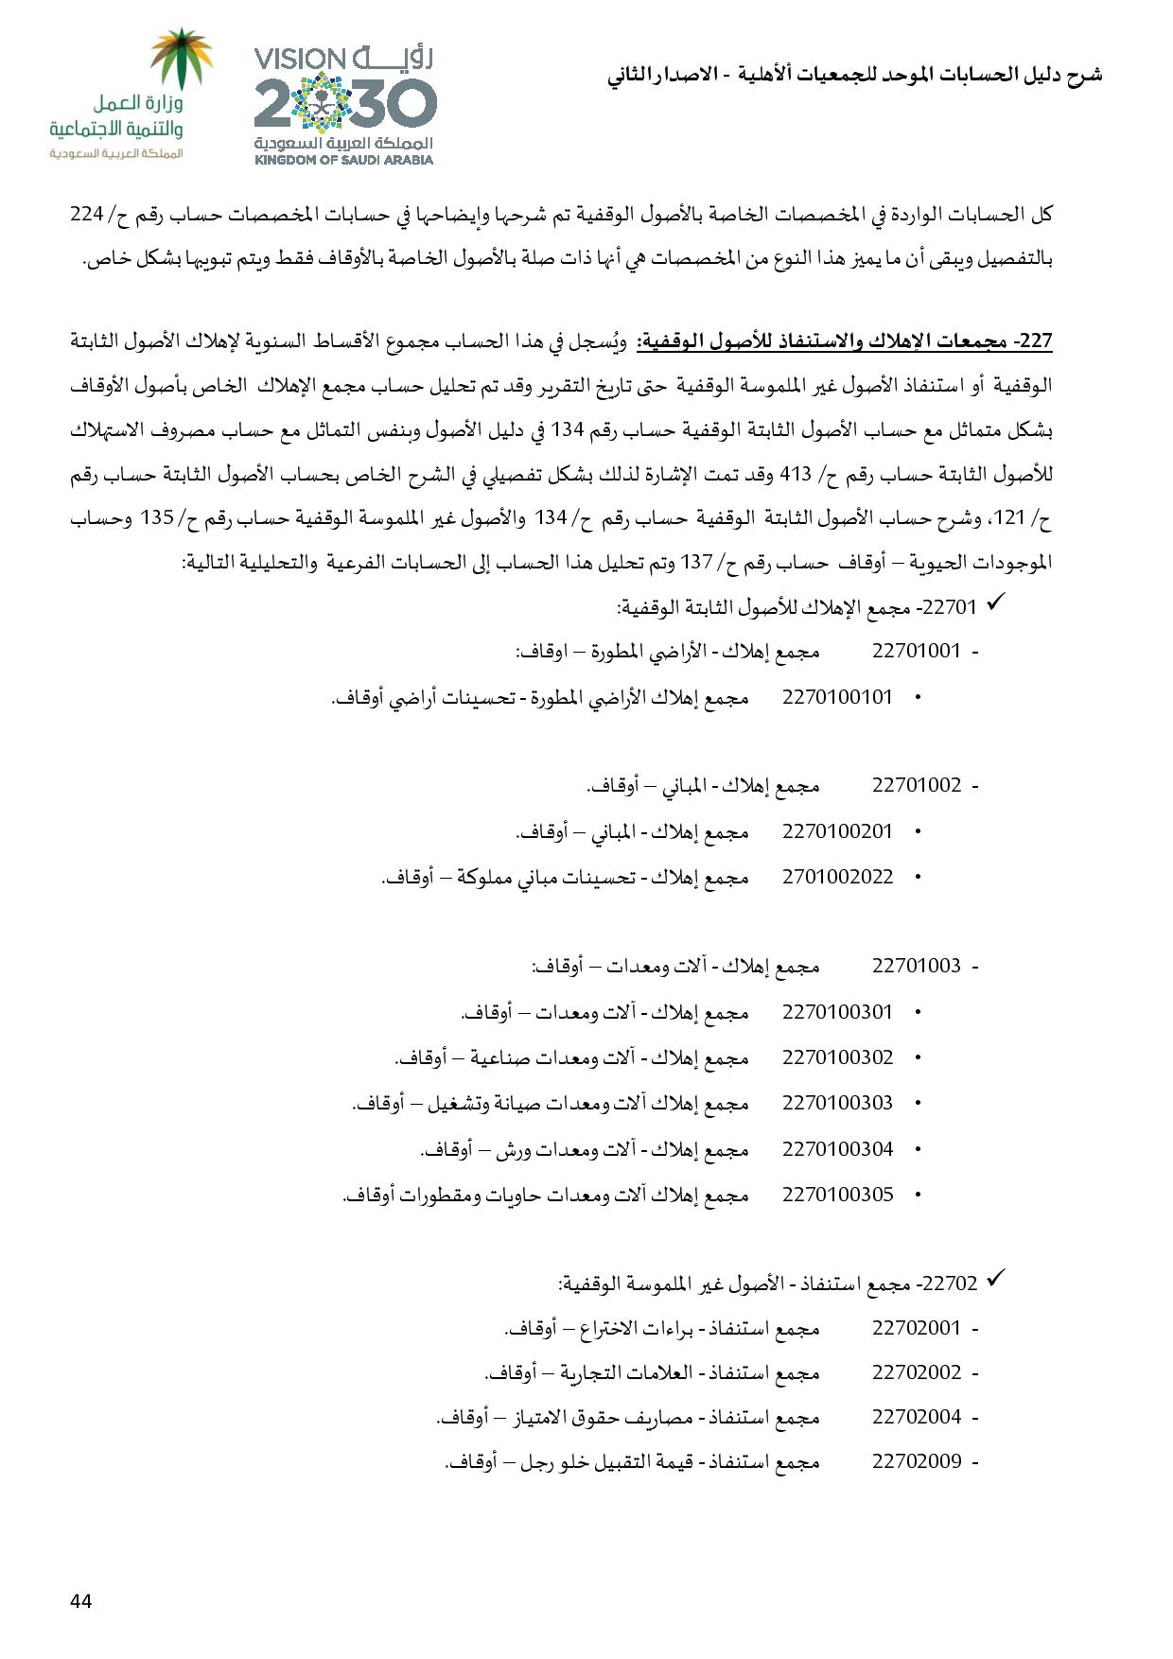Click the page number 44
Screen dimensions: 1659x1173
click(80, 1600)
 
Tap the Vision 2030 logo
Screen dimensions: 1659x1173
click(344, 106)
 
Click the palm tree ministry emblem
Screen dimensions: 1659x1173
click(184, 61)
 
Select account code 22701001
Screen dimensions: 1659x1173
click(916, 651)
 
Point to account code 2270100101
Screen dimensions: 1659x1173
click(837, 697)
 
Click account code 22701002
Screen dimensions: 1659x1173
click(916, 785)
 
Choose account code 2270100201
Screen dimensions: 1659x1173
click(837, 831)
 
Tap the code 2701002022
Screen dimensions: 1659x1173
click(837, 877)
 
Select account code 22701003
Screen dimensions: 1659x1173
click(916, 966)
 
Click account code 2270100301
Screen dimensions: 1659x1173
click(837, 1012)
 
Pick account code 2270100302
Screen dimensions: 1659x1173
click(837, 1057)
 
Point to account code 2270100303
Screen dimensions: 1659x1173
click(837, 1103)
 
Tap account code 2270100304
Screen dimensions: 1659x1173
click(837, 1149)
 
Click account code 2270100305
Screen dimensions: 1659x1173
click(837, 1195)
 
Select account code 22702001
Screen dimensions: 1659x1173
click(916, 1328)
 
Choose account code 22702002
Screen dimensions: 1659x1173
click(916, 1372)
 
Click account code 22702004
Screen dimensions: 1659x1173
click(916, 1417)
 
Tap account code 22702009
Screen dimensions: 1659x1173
click(916, 1461)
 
